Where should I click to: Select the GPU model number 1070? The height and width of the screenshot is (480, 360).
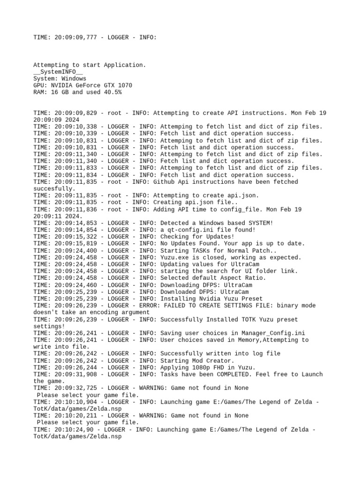point(125,85)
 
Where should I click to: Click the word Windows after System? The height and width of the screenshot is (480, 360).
point(74,79)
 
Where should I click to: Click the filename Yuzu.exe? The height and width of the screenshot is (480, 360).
point(174,257)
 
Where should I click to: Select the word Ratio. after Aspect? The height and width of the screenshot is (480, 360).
point(255,278)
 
